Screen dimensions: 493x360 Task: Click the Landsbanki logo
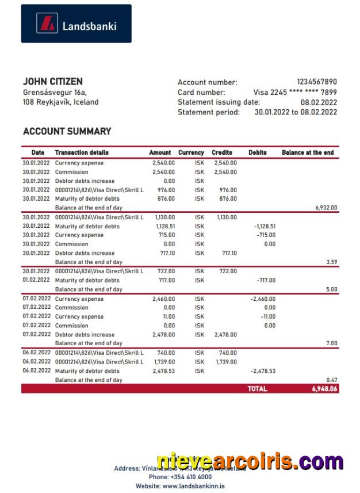pos(76,24)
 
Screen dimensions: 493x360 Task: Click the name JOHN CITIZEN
pos(52,82)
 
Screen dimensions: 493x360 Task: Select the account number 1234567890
pos(316,82)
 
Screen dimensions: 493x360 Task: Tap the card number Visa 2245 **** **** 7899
pos(295,92)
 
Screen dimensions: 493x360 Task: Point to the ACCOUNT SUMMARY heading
pos(67,131)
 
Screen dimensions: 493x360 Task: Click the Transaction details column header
pos(81,152)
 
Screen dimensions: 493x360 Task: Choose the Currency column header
pos(191,152)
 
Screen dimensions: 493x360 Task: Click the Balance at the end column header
pos(308,152)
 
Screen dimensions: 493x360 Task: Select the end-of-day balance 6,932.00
pos(325,208)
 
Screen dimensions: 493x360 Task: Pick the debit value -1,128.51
pos(265,226)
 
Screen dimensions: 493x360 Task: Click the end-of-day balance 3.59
pos(331,262)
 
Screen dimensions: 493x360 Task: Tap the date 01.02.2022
pos(36,280)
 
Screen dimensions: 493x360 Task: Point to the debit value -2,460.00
pos(263,299)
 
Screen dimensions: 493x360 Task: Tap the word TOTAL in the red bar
pos(257,389)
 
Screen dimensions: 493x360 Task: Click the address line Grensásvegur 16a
pos(55,92)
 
